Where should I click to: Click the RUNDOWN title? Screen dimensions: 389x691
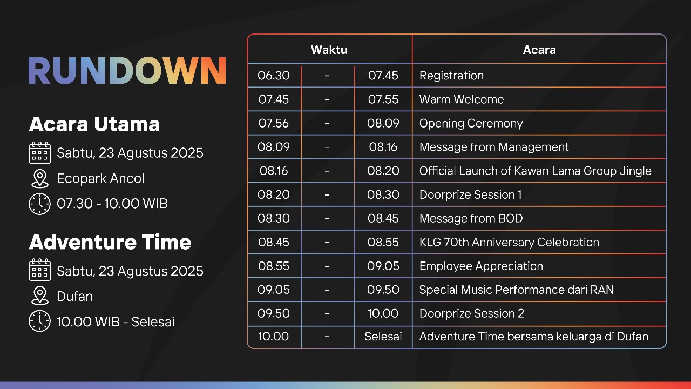pyautogui.click(x=127, y=71)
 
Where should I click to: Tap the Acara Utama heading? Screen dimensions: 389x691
pyautogui.click(x=94, y=124)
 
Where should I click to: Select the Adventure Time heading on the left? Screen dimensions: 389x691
pyautogui.click(x=110, y=242)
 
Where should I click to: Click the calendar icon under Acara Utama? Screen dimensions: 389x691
pyautogui.click(x=39, y=153)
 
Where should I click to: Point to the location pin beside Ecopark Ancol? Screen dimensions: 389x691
pyautogui.click(x=39, y=178)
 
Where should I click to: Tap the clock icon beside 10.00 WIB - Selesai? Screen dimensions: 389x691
pyautogui.click(x=39, y=321)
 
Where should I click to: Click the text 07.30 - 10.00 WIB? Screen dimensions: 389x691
pyautogui.click(x=112, y=204)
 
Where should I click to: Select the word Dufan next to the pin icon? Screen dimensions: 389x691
pyautogui.click(x=75, y=297)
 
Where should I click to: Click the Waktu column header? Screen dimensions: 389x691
pyautogui.click(x=329, y=50)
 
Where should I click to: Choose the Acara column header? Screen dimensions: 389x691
pyautogui.click(x=539, y=50)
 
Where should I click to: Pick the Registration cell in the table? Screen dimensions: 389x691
pyautogui.click(x=451, y=76)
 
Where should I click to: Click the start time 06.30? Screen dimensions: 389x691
pyautogui.click(x=274, y=76)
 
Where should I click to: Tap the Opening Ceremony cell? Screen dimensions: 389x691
pyautogui.click(x=471, y=123)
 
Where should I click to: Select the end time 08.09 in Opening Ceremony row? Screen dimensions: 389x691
pyautogui.click(x=383, y=123)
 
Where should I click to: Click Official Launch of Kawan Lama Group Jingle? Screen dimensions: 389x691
pyautogui.click(x=535, y=171)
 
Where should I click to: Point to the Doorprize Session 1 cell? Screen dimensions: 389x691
pyautogui.click(x=470, y=194)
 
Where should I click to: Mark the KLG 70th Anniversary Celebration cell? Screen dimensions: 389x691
pyautogui.click(x=509, y=242)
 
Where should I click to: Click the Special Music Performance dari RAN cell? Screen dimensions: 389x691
pyautogui.click(x=516, y=290)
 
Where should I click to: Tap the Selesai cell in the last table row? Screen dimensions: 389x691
pyautogui.click(x=383, y=337)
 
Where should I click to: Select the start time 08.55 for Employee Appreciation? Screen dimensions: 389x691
pyautogui.click(x=274, y=266)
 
